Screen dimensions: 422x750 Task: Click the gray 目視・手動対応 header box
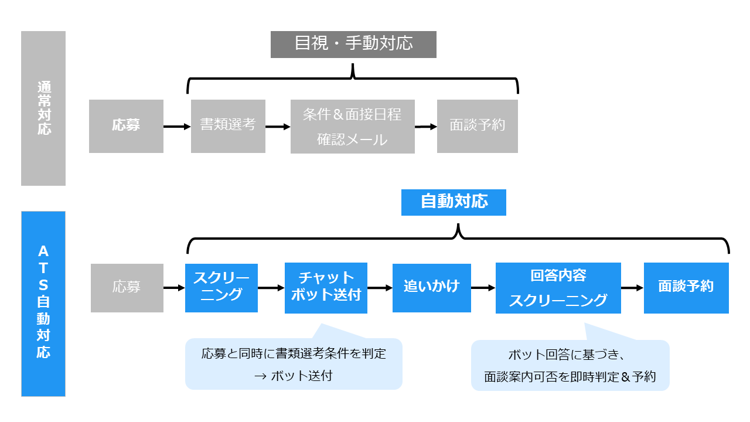coord(353,44)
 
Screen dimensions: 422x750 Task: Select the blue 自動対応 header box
coord(454,202)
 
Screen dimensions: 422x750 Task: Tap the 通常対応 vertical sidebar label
coord(43,108)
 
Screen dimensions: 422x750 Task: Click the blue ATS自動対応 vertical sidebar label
coord(43,304)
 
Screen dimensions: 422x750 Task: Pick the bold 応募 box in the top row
coord(126,126)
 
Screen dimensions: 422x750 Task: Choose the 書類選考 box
coord(228,126)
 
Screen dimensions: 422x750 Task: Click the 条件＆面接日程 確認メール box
coord(352,127)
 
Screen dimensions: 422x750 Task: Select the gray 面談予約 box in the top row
coord(477,126)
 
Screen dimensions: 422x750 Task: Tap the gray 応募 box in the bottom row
coord(127,288)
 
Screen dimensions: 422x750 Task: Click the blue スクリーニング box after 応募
coord(221,287)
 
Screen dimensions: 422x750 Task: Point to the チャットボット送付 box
coord(326,287)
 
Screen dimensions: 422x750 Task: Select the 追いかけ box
coord(431,287)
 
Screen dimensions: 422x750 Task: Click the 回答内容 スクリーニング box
coord(558,288)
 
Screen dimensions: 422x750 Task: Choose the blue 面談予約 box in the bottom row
coord(686,287)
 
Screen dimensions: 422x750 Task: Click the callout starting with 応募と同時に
coord(294,364)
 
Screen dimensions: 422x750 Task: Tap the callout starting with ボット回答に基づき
coord(570,366)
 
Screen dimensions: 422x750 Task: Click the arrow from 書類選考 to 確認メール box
coord(278,126)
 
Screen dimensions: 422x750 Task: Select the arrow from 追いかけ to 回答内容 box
coord(483,288)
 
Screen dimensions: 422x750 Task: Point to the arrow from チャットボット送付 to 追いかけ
coord(380,288)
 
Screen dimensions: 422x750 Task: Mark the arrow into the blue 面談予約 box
coord(632,288)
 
